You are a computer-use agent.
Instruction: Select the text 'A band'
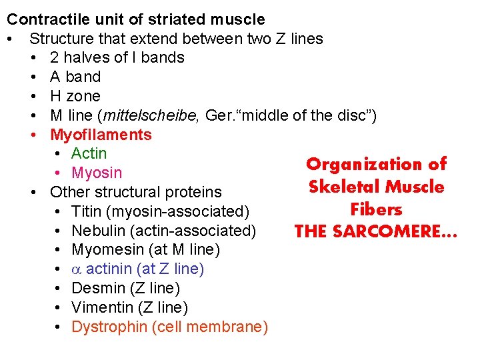coord(75,77)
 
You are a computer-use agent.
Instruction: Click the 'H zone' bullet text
coord(75,96)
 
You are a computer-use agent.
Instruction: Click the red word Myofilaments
coord(101,135)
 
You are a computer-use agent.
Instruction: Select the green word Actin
coord(89,153)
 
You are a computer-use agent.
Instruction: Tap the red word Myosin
coord(97,173)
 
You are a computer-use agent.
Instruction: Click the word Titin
coord(87,211)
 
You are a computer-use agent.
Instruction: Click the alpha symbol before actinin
coord(76,269)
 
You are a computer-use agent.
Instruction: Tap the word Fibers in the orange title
coord(376,209)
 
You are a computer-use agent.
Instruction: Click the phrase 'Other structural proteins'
coord(136,192)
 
